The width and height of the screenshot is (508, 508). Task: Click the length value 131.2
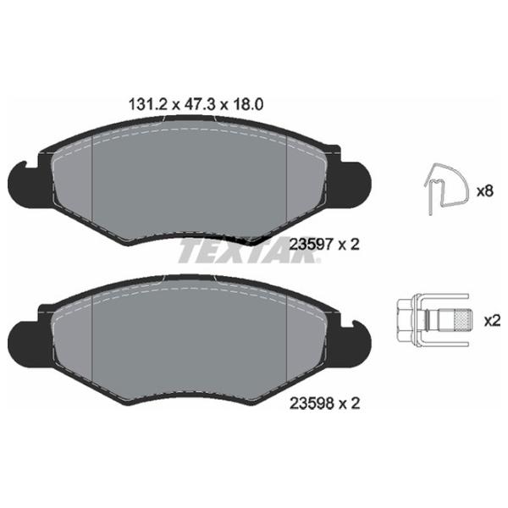(x=147, y=105)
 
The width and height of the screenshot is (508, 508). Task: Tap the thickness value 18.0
(x=247, y=105)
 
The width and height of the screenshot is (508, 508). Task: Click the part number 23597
(x=312, y=245)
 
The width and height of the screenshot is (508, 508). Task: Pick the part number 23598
(x=312, y=403)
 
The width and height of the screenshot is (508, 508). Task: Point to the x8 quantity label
(x=484, y=191)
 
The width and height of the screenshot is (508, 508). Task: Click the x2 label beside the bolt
(x=492, y=321)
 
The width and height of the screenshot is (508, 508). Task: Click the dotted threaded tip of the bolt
(x=462, y=321)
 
